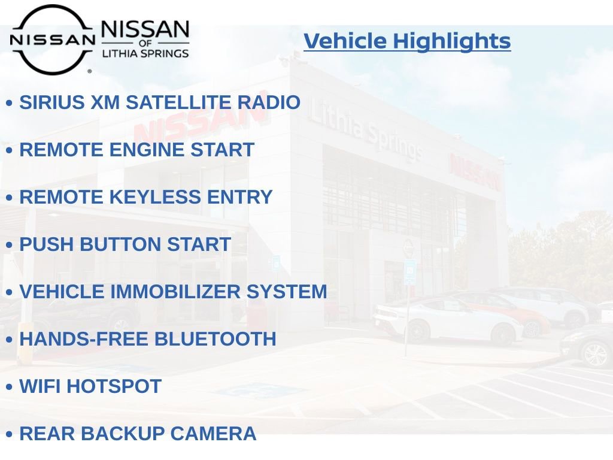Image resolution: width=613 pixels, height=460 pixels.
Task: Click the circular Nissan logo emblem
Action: click(52, 40)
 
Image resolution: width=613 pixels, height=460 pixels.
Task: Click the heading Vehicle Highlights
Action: click(407, 41)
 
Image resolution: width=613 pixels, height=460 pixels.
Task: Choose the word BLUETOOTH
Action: click(215, 339)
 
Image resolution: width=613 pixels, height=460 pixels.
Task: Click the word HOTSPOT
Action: click(114, 386)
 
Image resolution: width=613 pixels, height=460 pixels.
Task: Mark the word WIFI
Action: click(40, 386)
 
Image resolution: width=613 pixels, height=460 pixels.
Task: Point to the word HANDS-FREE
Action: click(84, 339)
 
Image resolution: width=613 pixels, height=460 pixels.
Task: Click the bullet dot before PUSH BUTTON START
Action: click(9, 246)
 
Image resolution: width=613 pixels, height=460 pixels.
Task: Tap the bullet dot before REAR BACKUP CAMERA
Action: click(9, 435)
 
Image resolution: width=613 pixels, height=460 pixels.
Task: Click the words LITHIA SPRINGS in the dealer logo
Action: click(145, 54)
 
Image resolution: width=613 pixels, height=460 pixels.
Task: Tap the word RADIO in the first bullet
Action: click(269, 102)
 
